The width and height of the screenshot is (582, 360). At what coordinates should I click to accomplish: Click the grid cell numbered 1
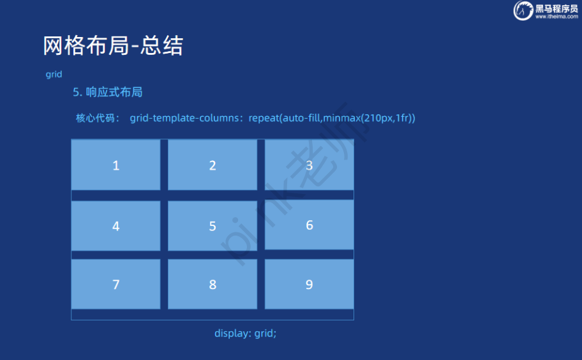(x=116, y=165)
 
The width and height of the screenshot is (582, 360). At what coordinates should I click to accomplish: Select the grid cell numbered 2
(x=213, y=165)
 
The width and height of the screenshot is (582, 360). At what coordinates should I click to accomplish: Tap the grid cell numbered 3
(x=309, y=165)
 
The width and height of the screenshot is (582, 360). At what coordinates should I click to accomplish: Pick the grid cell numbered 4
(x=116, y=226)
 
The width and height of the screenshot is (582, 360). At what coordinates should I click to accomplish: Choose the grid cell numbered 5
(x=213, y=226)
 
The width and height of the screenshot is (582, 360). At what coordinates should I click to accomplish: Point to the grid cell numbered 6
(x=309, y=225)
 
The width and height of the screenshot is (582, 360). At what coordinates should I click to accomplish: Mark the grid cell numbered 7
(x=116, y=284)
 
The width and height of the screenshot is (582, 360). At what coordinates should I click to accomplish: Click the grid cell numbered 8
(x=213, y=284)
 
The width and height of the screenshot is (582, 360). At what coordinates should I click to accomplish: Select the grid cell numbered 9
(x=309, y=284)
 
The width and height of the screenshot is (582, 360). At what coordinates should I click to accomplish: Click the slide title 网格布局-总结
(x=113, y=46)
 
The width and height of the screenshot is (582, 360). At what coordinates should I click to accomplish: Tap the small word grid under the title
(x=54, y=74)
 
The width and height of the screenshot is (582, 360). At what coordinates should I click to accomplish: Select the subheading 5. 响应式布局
(x=108, y=92)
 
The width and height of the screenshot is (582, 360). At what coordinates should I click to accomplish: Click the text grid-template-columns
(x=184, y=118)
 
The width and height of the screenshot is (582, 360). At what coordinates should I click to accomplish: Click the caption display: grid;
(x=245, y=333)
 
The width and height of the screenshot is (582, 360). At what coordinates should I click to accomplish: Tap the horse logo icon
(x=523, y=10)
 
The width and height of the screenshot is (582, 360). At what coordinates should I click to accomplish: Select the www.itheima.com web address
(x=556, y=17)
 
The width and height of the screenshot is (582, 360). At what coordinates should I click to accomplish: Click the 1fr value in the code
(x=402, y=118)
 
